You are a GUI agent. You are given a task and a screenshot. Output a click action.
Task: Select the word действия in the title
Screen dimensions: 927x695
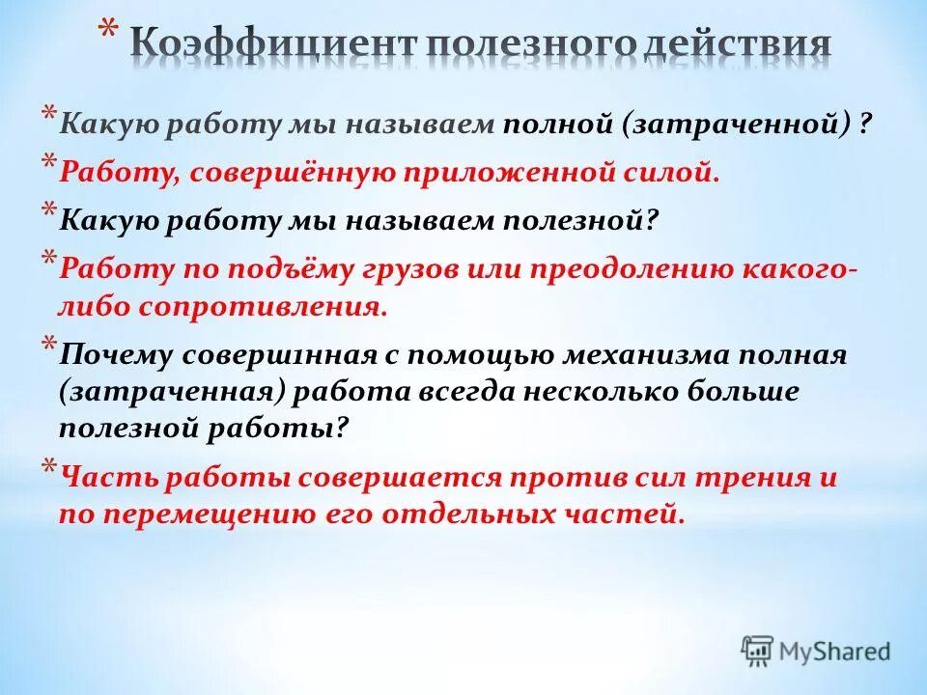pos(736,45)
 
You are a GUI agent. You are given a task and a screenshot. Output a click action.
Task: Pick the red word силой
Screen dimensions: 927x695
pos(672,172)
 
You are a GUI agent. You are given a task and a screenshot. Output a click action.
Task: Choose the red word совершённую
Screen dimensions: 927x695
pos(292,173)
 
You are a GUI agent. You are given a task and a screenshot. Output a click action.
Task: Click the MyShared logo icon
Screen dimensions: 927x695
pos(757,652)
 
